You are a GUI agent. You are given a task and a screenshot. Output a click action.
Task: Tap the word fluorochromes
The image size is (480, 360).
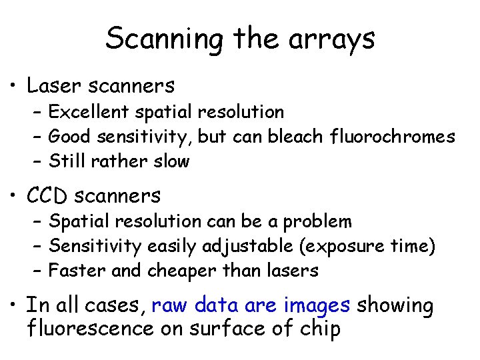(393, 137)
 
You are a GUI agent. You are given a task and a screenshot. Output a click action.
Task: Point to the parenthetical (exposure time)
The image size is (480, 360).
(367, 247)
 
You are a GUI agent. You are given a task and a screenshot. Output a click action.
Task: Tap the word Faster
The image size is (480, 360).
(75, 271)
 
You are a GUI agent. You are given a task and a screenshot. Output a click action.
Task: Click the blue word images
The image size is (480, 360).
(317, 306)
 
